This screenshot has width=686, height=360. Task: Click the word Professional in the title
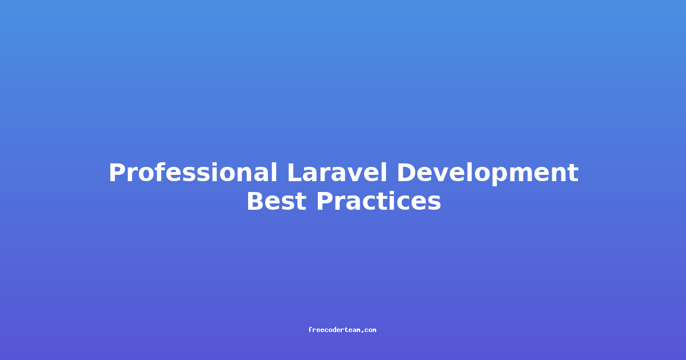[193, 173]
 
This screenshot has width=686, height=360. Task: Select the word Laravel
[337, 173]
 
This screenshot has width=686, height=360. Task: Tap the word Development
[488, 174]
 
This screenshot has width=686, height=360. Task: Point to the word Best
[277, 201]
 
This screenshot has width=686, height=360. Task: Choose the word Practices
[378, 201]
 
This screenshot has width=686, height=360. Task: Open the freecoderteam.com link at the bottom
[342, 330]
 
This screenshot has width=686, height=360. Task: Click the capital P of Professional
[117, 173]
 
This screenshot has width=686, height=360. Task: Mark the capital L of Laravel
[294, 173]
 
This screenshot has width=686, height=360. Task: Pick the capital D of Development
[406, 173]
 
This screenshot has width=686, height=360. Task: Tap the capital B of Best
[256, 201]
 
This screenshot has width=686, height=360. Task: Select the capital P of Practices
[325, 201]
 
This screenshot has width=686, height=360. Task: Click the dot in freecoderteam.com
[362, 331]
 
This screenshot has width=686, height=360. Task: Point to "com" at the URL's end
[370, 330]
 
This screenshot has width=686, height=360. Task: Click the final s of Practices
[434, 204]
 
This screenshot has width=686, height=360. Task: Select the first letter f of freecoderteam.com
[310, 330]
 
